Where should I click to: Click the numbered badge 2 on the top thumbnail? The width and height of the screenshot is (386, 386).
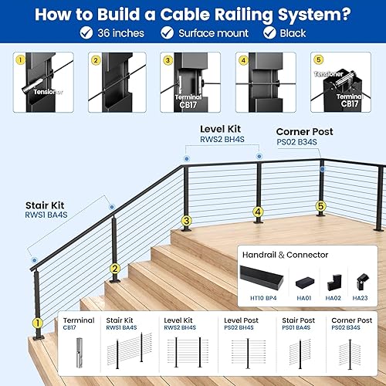pyautogui.click(x=95, y=59)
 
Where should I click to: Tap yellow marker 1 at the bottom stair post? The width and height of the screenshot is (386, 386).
pyautogui.click(x=36, y=323)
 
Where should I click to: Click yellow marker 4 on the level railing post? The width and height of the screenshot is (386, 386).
pyautogui.click(x=258, y=211)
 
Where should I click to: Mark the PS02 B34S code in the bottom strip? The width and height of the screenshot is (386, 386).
pyautogui.click(x=347, y=328)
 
